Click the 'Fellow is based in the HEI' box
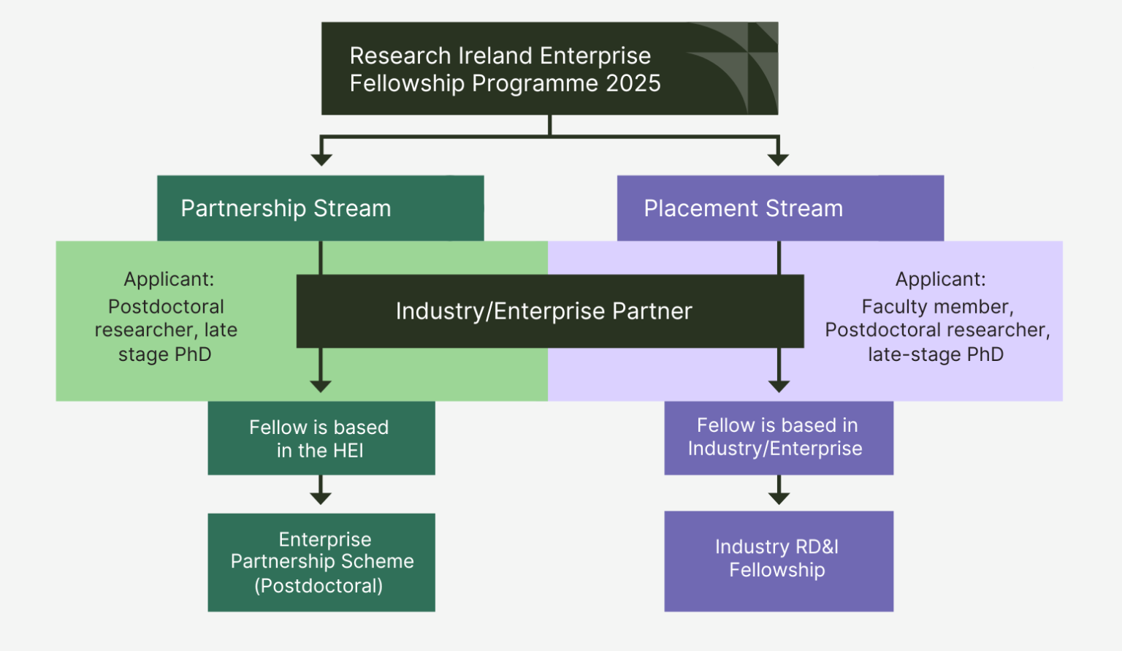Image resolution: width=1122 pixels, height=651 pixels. pos(321,438)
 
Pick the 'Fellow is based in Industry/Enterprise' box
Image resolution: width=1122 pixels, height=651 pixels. pos(779,438)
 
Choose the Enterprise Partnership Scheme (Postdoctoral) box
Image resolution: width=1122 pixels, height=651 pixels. pos(321,563)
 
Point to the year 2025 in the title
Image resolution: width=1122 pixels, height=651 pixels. pos(633,83)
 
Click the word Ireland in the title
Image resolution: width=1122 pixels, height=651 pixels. pos(493,56)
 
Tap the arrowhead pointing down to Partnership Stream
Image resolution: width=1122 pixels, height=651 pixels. pos(321,159)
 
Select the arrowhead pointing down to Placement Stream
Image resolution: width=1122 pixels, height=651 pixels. pos(779,159)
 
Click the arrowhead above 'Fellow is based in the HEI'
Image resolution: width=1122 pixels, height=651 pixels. pos(321,386)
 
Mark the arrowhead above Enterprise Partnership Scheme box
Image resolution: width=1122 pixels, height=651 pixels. pos(321,498)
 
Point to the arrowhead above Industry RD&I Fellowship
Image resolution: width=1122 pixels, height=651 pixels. pos(779,498)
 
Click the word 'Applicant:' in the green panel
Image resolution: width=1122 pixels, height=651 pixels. pos(169,279)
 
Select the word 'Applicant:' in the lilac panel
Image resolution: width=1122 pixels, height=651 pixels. pos(940,279)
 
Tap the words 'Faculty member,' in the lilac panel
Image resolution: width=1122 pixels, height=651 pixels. pos(937,306)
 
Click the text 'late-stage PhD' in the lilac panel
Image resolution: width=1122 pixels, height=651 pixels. pos(936,354)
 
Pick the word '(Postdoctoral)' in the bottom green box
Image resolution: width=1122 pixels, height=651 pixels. pos(318,586)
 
